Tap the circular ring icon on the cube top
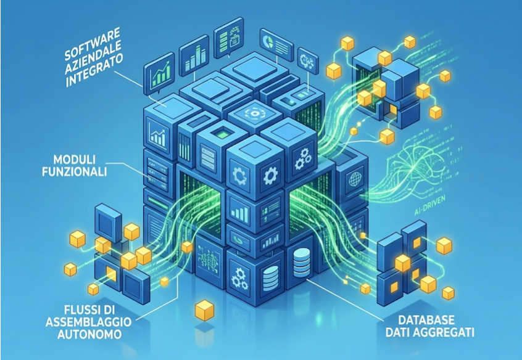(255, 113)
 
